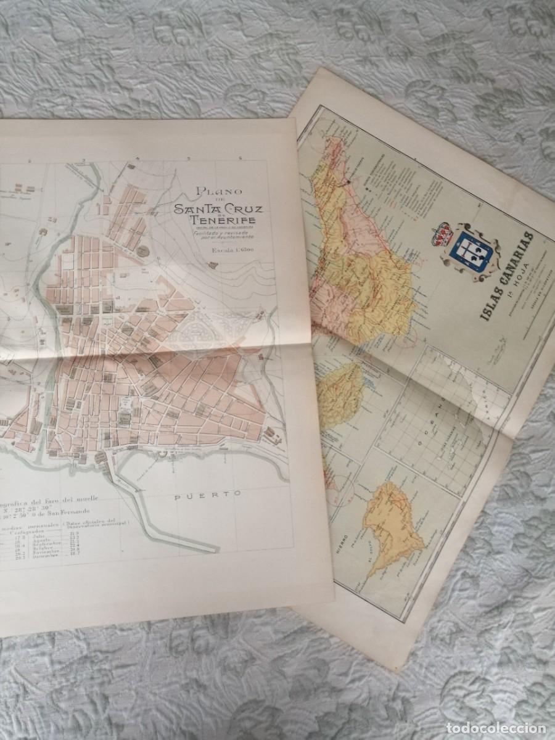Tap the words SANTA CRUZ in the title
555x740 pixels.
coord(218,208)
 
